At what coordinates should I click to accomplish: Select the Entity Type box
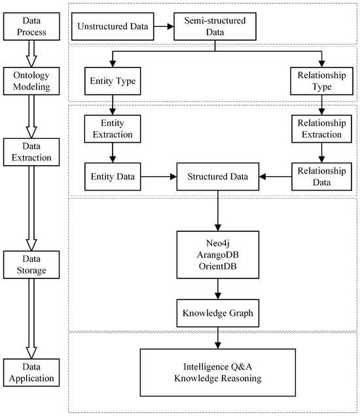[x=113, y=85]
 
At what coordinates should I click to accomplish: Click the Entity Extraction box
[x=113, y=130]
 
